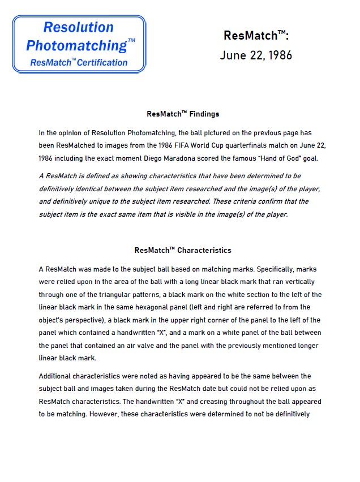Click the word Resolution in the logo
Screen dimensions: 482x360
click(x=78, y=27)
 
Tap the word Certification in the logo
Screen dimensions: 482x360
click(x=102, y=62)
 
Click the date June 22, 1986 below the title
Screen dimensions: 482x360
click(x=256, y=55)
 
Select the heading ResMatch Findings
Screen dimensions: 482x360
click(x=183, y=114)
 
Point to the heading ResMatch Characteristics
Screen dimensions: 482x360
click(x=183, y=250)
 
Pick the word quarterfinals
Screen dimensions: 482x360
click(x=259, y=145)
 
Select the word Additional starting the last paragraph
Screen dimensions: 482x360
click(x=58, y=376)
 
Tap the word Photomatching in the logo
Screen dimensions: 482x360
click(x=76, y=45)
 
